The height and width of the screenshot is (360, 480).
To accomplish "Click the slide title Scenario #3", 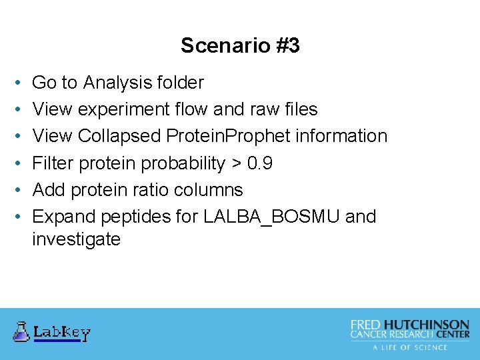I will point(240,45).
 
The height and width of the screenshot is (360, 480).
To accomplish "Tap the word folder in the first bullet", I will point(181,83).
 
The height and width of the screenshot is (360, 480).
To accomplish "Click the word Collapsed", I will point(119,136).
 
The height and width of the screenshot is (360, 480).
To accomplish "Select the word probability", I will point(181,163).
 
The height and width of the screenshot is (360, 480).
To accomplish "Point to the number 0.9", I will point(259,163).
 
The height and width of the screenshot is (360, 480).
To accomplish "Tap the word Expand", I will point(63,217).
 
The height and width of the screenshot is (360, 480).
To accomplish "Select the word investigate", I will point(76,239).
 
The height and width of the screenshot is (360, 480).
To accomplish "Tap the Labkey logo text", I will point(61,332).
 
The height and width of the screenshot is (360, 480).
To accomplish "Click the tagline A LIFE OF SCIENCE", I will point(410,347).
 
